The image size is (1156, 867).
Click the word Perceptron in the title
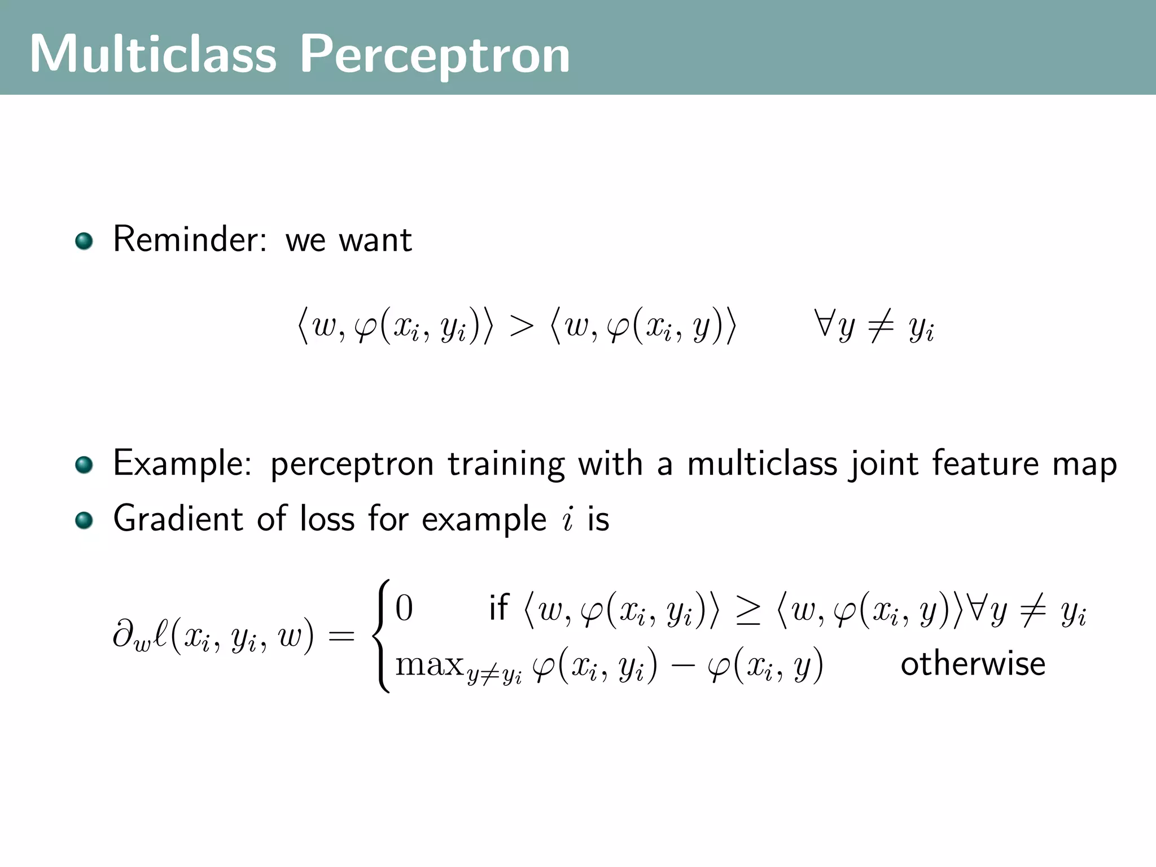click(434, 55)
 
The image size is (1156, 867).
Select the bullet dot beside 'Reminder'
click(84, 241)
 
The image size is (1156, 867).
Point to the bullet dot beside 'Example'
click(84, 465)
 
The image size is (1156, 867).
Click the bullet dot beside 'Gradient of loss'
click(84, 520)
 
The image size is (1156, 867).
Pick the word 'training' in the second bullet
click(506, 464)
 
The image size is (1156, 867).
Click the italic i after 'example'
click(568, 519)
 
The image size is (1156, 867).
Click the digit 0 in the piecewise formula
click(404, 608)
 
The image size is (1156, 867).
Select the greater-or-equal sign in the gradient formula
click(748, 611)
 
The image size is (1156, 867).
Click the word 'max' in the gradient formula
click(429, 665)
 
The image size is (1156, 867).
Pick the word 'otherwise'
click(973, 664)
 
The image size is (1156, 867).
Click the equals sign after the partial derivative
click(341, 637)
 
